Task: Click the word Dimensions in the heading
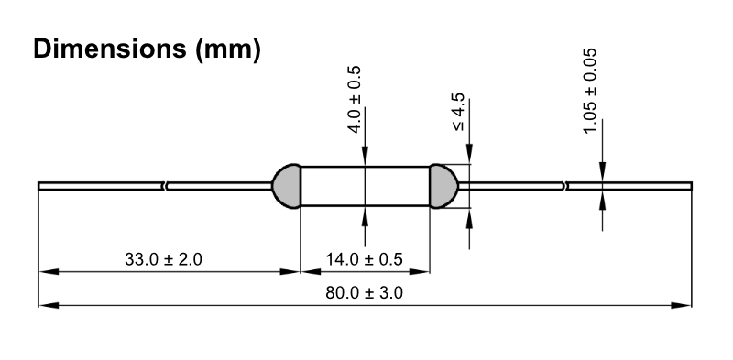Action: (109, 49)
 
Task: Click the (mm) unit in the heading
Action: (228, 49)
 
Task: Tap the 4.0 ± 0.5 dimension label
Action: (356, 100)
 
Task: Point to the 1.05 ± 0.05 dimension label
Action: (590, 92)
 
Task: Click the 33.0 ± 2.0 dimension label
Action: (163, 258)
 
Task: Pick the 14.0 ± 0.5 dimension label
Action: (364, 258)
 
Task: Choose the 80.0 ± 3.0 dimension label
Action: (364, 293)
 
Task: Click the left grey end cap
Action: (287, 186)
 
